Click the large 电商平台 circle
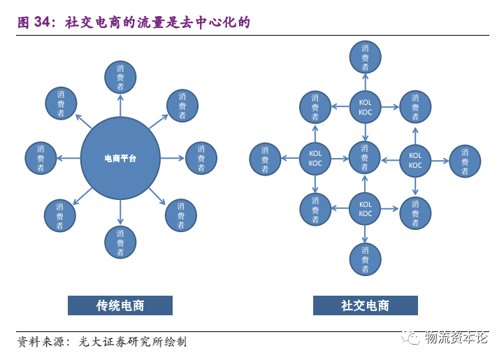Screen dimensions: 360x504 pyautogui.click(x=120, y=159)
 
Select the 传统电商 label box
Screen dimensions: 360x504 pyautogui.click(x=120, y=305)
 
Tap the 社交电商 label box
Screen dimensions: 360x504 pyautogui.click(x=365, y=305)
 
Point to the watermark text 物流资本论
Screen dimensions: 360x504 pyautogui.click(x=456, y=338)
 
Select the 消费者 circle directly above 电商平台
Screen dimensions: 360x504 pyautogui.click(x=120, y=77)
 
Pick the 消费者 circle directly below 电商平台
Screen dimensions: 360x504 pyautogui.click(x=120, y=242)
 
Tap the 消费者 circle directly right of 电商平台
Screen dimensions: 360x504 pyautogui.click(x=201, y=159)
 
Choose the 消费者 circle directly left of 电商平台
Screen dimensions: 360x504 pyautogui.click(x=41, y=159)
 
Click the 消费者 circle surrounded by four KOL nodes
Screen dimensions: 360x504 pyautogui.click(x=365, y=158)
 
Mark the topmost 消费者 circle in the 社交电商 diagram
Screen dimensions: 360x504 pyautogui.click(x=365, y=57)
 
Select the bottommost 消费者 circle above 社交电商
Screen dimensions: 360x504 pyautogui.click(x=365, y=259)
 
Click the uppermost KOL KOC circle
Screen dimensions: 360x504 pyautogui.click(x=365, y=107)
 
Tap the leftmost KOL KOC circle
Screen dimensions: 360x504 pyautogui.click(x=315, y=159)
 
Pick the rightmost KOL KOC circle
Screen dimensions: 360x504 pyautogui.click(x=415, y=161)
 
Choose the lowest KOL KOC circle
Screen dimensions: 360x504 pyautogui.click(x=365, y=209)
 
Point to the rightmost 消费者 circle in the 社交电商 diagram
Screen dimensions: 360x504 pyautogui.click(x=465, y=161)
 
